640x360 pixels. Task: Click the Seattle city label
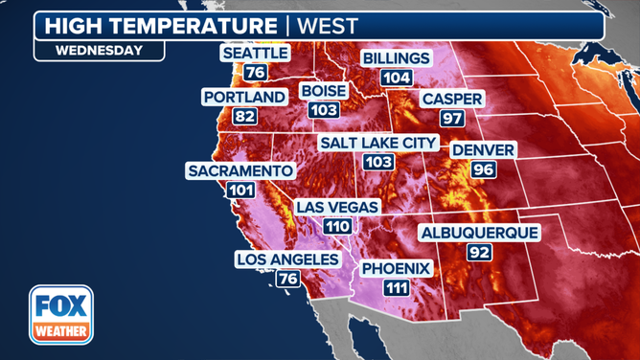pyautogui.click(x=255, y=54)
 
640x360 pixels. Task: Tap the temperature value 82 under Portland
pyautogui.click(x=244, y=116)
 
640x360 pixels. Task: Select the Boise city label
pyautogui.click(x=324, y=91)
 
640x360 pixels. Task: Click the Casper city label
pyautogui.click(x=452, y=99)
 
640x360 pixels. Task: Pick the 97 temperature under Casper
pyautogui.click(x=452, y=118)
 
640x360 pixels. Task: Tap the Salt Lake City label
pyautogui.click(x=378, y=143)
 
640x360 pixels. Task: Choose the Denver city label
pyautogui.click(x=484, y=150)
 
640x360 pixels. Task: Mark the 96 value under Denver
pyautogui.click(x=484, y=169)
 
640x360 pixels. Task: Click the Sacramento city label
pyautogui.click(x=240, y=170)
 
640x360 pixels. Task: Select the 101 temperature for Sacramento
pyautogui.click(x=240, y=190)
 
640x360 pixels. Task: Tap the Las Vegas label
pyautogui.click(x=337, y=207)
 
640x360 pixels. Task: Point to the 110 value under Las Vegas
pyautogui.click(x=337, y=226)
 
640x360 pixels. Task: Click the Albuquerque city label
pyautogui.click(x=479, y=233)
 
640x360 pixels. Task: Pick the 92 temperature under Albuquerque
pyautogui.click(x=479, y=252)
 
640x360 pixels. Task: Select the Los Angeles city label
pyautogui.click(x=287, y=259)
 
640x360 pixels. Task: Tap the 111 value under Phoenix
pyautogui.click(x=396, y=287)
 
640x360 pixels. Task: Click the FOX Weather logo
pyautogui.click(x=60, y=315)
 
